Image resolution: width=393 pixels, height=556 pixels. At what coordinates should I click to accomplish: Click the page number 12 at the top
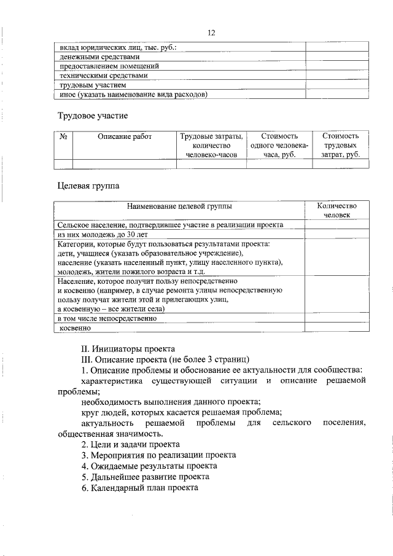[211, 33]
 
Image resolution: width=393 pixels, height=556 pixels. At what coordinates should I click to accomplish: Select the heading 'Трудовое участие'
[93, 116]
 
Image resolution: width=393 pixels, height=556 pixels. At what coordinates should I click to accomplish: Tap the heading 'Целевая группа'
[88, 184]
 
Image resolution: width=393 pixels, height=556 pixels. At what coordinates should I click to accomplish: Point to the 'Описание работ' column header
[124, 136]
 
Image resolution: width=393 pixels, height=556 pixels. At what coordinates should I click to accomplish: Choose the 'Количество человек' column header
[336, 211]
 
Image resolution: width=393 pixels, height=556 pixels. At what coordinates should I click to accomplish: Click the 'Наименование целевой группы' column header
[180, 206]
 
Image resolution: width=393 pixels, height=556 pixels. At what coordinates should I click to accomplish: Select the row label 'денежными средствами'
[95, 57]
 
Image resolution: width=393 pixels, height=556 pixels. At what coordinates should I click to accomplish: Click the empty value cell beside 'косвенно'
[336, 329]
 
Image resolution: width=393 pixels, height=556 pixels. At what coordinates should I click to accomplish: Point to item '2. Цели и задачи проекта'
[130, 444]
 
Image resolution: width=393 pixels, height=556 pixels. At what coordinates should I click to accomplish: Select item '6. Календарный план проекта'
[139, 487]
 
